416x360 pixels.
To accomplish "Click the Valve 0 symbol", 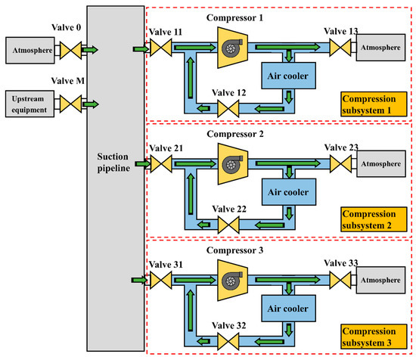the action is pos(70,50).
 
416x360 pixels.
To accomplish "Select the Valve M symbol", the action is pos(70,104).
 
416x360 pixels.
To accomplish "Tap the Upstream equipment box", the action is pos(29,104).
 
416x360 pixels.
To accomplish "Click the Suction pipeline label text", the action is pos(113,162).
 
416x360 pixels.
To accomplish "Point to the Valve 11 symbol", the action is pos(161,48).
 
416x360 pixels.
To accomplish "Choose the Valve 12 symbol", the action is pos(228,108).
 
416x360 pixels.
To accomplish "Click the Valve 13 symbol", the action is pos(340,48).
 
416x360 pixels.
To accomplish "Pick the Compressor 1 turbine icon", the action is pos(232,48).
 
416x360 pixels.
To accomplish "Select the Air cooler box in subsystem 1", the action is pos(288,76).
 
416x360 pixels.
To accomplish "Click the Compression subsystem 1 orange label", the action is pos(374,104).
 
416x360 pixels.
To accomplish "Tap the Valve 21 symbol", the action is pos(161,164).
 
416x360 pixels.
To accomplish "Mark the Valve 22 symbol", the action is pos(228,225).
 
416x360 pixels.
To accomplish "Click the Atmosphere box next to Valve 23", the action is pos(381,163).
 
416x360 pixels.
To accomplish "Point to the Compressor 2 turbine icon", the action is pos(233,164).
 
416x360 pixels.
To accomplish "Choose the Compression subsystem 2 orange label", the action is pos(374,219).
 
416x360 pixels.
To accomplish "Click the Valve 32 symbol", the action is pos(228,341).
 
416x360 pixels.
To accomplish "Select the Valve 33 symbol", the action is pos(340,280).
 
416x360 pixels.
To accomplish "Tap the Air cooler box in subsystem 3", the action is pos(288,309).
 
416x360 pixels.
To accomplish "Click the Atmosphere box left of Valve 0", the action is pos(30,51).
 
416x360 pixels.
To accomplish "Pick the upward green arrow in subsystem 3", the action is pos(191,310).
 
